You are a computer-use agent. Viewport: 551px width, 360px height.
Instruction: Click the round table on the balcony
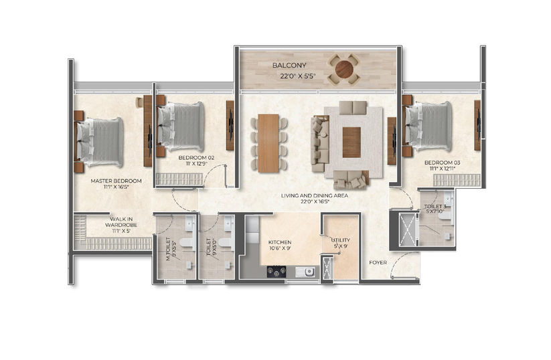[343, 69]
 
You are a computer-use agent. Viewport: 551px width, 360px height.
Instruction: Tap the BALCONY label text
[289, 66]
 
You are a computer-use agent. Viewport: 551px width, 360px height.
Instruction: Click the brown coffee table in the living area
[351, 142]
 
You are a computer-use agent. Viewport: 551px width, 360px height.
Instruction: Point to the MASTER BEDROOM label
[116, 181]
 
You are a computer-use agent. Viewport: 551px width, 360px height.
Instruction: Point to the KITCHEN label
[279, 242]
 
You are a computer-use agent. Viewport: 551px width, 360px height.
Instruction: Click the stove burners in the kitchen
[277, 271]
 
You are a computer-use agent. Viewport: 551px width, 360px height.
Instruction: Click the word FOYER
[378, 262]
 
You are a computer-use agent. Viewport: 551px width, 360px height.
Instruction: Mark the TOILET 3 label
[435, 207]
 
